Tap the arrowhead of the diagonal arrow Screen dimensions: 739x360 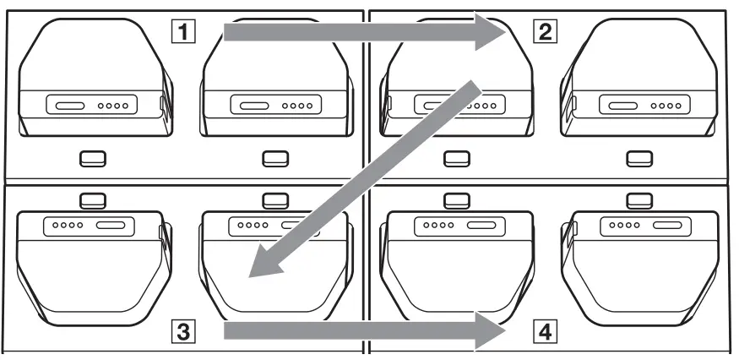(266, 262)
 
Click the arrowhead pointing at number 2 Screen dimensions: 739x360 (490, 33)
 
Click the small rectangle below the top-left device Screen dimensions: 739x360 (90, 157)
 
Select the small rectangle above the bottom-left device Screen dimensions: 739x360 (90, 199)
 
